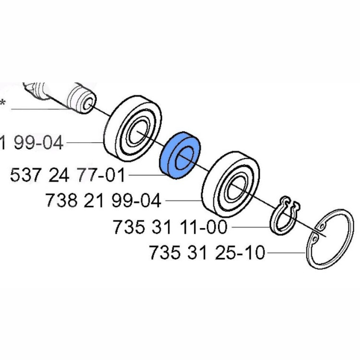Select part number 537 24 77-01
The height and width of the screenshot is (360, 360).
pos(67,175)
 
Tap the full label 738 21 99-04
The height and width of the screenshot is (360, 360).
pos(103,200)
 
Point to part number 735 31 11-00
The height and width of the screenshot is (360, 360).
pos(170,227)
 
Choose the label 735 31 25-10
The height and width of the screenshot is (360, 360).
pos(207,252)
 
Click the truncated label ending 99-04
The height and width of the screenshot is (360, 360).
pos(31,143)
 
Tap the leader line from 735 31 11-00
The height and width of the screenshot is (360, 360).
pos(250,227)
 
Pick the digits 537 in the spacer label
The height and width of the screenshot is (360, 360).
pos(24,175)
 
